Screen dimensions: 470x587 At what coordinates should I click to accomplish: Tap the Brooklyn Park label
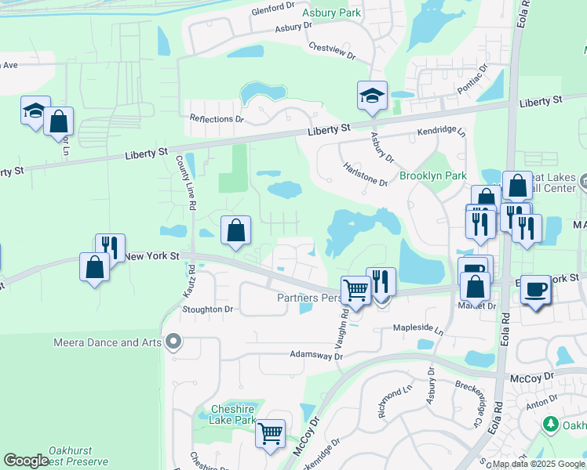[x=433, y=176]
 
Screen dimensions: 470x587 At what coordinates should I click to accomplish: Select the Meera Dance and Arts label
[x=108, y=342]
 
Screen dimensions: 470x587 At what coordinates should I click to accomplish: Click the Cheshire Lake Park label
[x=233, y=414]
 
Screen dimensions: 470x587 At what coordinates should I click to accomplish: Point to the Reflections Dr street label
[x=217, y=119]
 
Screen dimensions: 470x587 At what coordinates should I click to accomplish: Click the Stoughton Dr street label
[x=208, y=309]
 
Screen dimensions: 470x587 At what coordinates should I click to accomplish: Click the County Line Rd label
[x=185, y=182]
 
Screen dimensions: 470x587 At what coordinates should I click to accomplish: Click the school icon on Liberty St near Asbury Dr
[x=372, y=96]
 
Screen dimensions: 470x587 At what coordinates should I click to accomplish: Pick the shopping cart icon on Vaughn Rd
[x=355, y=291]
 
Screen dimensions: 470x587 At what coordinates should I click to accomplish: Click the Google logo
[x=26, y=461]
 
